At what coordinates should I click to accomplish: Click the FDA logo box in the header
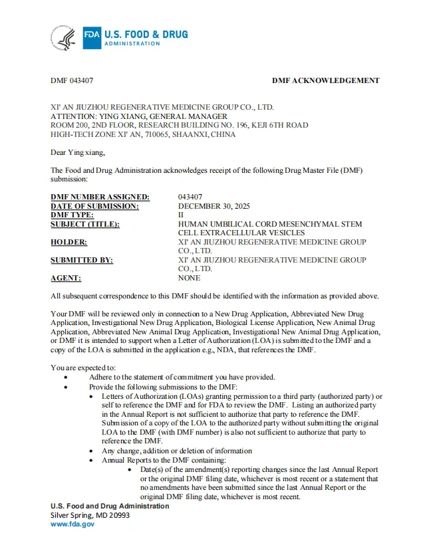click(x=92, y=38)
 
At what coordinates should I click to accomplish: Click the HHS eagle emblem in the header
click(x=67, y=38)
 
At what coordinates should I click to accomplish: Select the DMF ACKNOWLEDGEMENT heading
click(x=325, y=80)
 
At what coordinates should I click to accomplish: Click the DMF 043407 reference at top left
click(x=72, y=80)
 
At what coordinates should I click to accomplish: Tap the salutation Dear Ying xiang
click(x=78, y=152)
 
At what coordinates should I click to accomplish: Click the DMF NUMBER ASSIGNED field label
click(x=100, y=197)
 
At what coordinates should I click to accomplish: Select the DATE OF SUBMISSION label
click(x=94, y=206)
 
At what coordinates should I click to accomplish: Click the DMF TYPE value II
click(x=181, y=215)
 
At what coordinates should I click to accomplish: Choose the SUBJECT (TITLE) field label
click(x=85, y=225)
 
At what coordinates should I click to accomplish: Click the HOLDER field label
click(x=69, y=243)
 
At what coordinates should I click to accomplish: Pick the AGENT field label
click(x=66, y=278)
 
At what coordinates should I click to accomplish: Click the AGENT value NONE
click(x=189, y=278)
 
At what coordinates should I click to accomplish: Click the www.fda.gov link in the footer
click(x=72, y=524)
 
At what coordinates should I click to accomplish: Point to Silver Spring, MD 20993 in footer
click(x=90, y=515)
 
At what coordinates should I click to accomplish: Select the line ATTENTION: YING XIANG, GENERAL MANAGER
click(x=139, y=116)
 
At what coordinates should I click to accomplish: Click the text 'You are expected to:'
click(x=83, y=368)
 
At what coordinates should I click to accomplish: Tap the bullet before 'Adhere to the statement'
click(x=65, y=378)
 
